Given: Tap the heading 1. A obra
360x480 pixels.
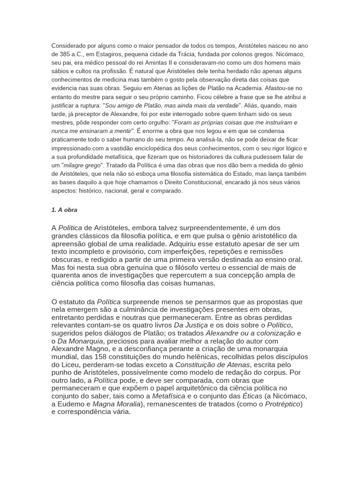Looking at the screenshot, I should (x=64, y=210).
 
